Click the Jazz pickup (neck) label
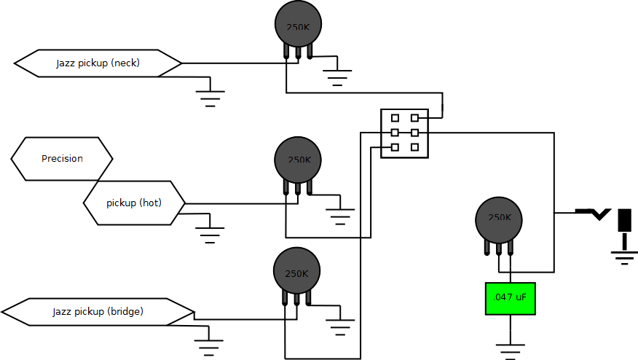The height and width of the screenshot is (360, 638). [x=98, y=63]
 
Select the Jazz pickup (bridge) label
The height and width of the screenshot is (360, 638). [x=98, y=312]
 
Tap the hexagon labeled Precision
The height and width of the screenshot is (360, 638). [x=62, y=159]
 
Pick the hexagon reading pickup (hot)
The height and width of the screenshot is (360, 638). [x=134, y=203]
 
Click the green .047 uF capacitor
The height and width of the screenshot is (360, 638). [x=510, y=299]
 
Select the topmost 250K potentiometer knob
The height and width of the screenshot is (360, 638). [x=298, y=24]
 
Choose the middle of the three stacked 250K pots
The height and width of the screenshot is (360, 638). [x=298, y=160]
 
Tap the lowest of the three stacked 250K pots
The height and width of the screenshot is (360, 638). [x=296, y=271]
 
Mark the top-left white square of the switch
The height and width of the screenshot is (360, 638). [x=395, y=118]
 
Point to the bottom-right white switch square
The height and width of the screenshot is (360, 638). [x=414, y=147]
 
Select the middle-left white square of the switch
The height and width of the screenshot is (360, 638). [x=395, y=133]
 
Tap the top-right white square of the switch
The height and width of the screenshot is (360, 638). [x=414, y=118]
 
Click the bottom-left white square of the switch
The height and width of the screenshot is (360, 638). [x=395, y=147]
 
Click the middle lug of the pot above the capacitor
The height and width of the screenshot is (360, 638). [x=499, y=247]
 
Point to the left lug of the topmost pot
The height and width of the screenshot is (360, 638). [x=286, y=50]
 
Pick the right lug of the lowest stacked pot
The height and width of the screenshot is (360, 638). [x=308, y=297]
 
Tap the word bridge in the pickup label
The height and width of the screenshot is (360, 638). [x=125, y=312]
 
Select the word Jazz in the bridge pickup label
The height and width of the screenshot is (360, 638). [x=62, y=312]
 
